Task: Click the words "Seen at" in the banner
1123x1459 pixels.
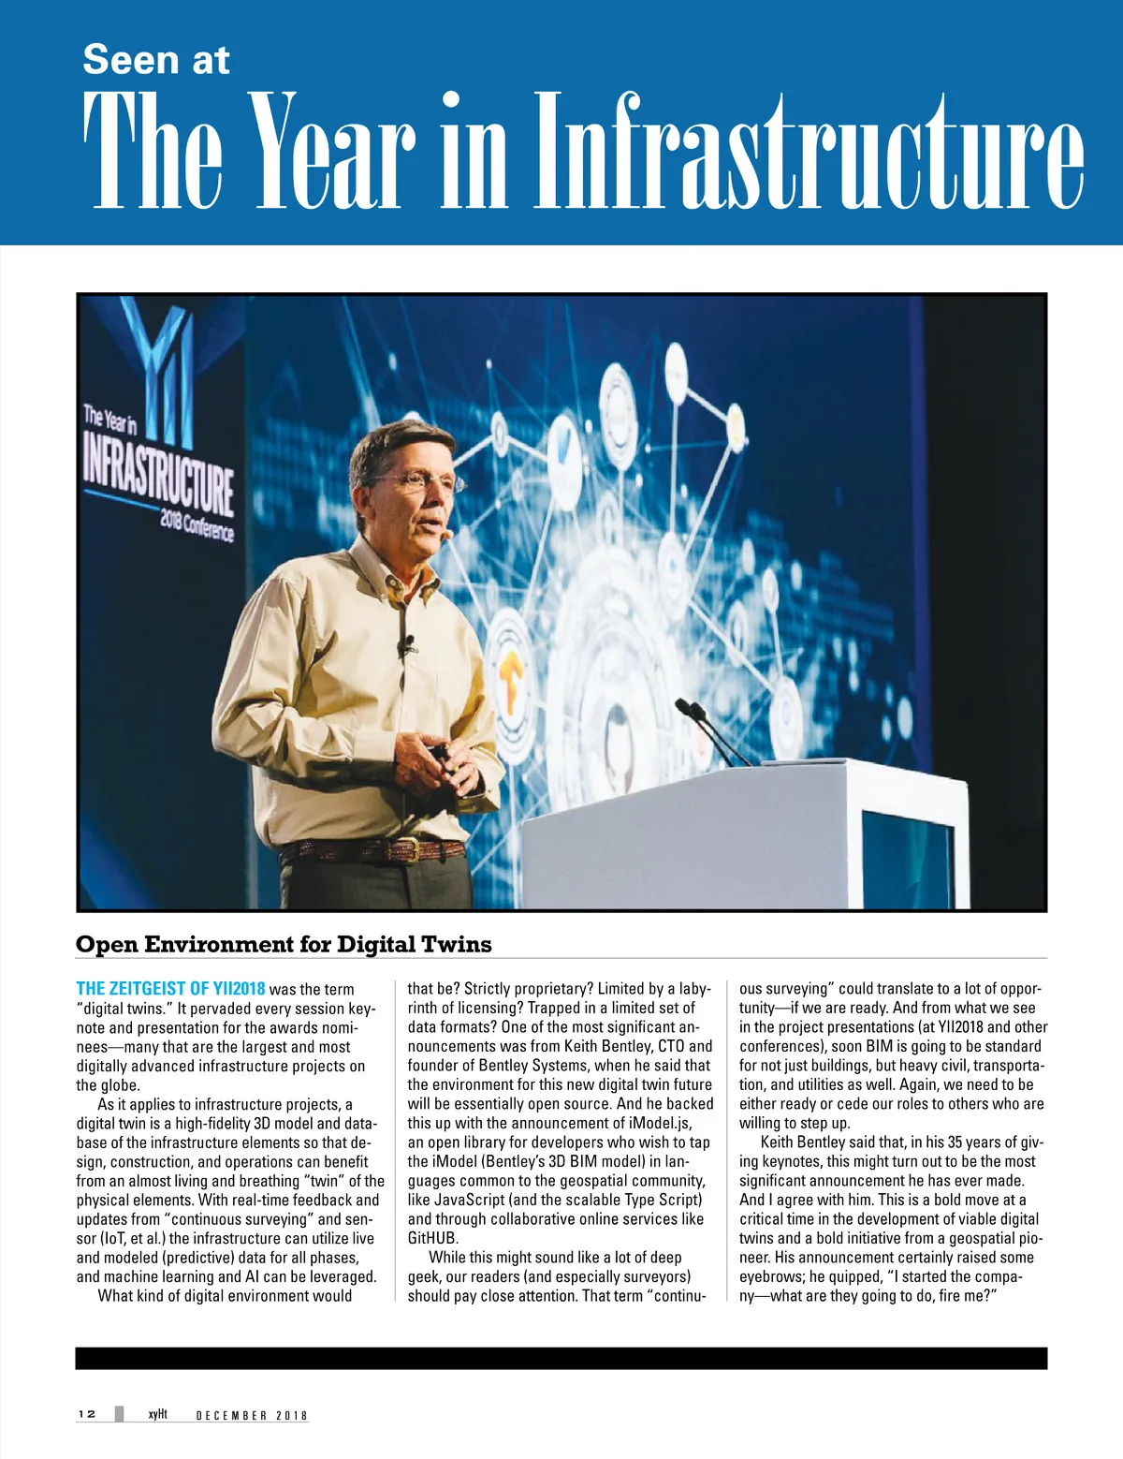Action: tap(155, 60)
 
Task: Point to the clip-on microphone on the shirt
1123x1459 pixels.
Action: tap(406, 645)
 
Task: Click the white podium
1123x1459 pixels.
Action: tap(739, 833)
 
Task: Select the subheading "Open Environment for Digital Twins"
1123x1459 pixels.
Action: tap(284, 944)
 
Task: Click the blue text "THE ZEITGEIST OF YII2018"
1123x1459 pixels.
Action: tap(170, 989)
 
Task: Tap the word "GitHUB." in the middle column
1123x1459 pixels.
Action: tap(432, 1238)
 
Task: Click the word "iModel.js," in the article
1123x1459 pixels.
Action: tap(660, 1123)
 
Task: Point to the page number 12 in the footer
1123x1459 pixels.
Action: tap(87, 1414)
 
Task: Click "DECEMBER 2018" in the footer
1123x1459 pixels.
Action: tap(252, 1415)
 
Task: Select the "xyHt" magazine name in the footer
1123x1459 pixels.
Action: tap(157, 1414)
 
